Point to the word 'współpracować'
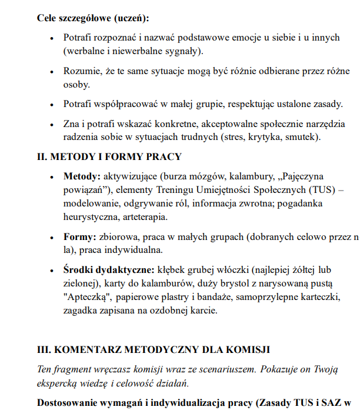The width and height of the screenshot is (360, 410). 126,104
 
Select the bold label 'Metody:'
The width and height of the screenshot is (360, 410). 82,176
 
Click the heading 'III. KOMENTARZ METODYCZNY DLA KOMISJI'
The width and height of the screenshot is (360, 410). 153,350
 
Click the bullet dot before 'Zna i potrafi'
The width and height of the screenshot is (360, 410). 52,124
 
